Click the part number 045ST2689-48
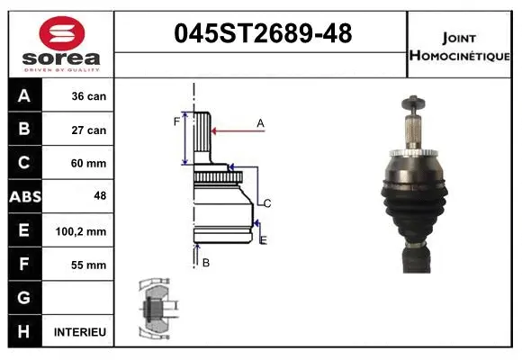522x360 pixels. tap(261, 34)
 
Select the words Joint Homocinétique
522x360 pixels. tap(459, 46)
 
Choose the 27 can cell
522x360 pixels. tap(88, 130)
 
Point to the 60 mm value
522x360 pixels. tap(88, 164)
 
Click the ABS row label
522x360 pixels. tap(24, 197)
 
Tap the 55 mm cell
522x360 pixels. tap(88, 265)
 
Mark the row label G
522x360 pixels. tap(23, 298)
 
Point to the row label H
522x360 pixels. tap(23, 331)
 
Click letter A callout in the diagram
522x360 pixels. tap(260, 122)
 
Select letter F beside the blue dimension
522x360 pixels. tap(176, 121)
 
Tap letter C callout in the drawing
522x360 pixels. tap(267, 203)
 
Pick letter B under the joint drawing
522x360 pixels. tap(206, 263)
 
